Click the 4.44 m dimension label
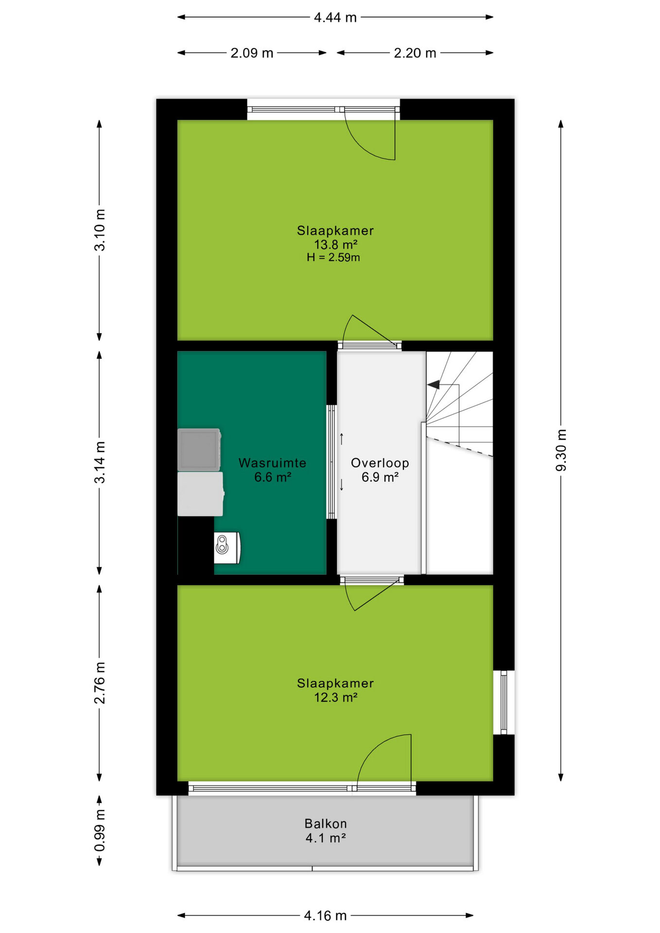tap(335, 17)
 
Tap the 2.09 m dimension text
tap(252, 53)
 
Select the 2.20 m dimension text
tap(415, 53)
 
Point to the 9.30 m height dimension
tap(561, 450)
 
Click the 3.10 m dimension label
tap(100, 230)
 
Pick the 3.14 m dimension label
tap(100, 462)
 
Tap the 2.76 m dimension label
tap(100, 683)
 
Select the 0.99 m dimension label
tap(100, 830)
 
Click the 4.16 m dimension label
tap(325, 916)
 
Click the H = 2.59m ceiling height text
tap(333, 258)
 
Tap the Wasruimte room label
tap(272, 463)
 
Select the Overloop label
tap(380, 463)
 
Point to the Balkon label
tap(326, 824)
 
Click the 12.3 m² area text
tap(336, 697)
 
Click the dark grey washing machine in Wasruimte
tap(199, 449)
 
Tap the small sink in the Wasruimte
tap(227, 548)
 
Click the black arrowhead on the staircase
tap(434, 385)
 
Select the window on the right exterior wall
tap(504, 702)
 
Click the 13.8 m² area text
tap(336, 244)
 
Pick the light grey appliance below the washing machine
tap(201, 494)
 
